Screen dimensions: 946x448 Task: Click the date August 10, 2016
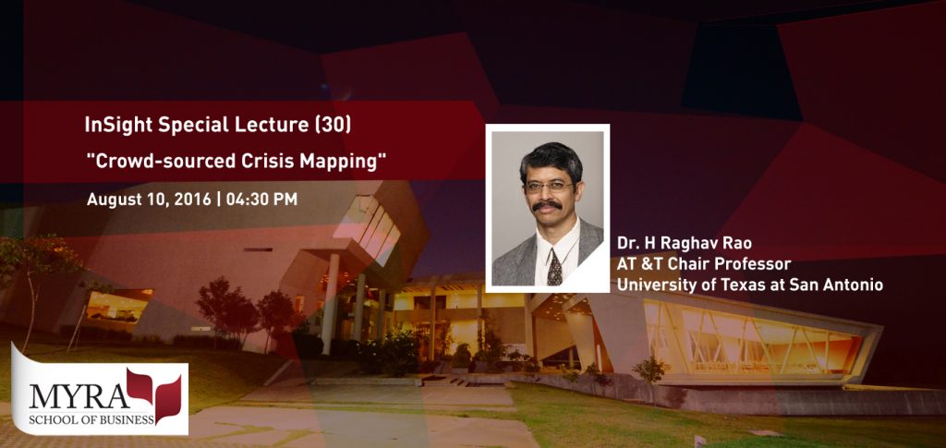pos(149,200)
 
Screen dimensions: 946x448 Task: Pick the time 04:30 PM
pos(261,200)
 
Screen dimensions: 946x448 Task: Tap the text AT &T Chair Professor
pos(703,264)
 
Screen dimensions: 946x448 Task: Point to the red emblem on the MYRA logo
pos(154,390)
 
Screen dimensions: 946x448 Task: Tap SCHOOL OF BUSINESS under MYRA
pos(91,419)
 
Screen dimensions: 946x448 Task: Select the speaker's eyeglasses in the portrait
pos(549,186)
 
